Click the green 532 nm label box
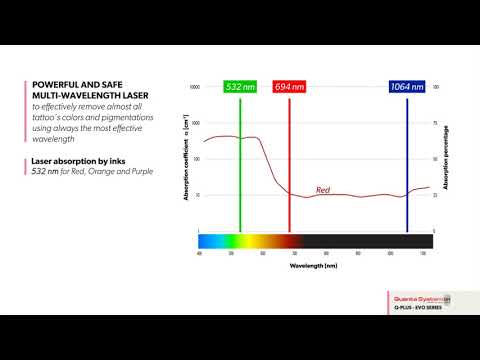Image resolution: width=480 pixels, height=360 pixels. (240, 87)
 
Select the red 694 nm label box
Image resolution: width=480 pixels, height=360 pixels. (289, 87)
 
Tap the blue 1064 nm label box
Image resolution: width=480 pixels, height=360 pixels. (407, 87)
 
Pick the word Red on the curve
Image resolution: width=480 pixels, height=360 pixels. (323, 190)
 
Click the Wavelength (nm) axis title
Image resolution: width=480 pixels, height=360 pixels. (313, 267)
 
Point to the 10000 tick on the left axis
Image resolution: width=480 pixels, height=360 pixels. (195, 88)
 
